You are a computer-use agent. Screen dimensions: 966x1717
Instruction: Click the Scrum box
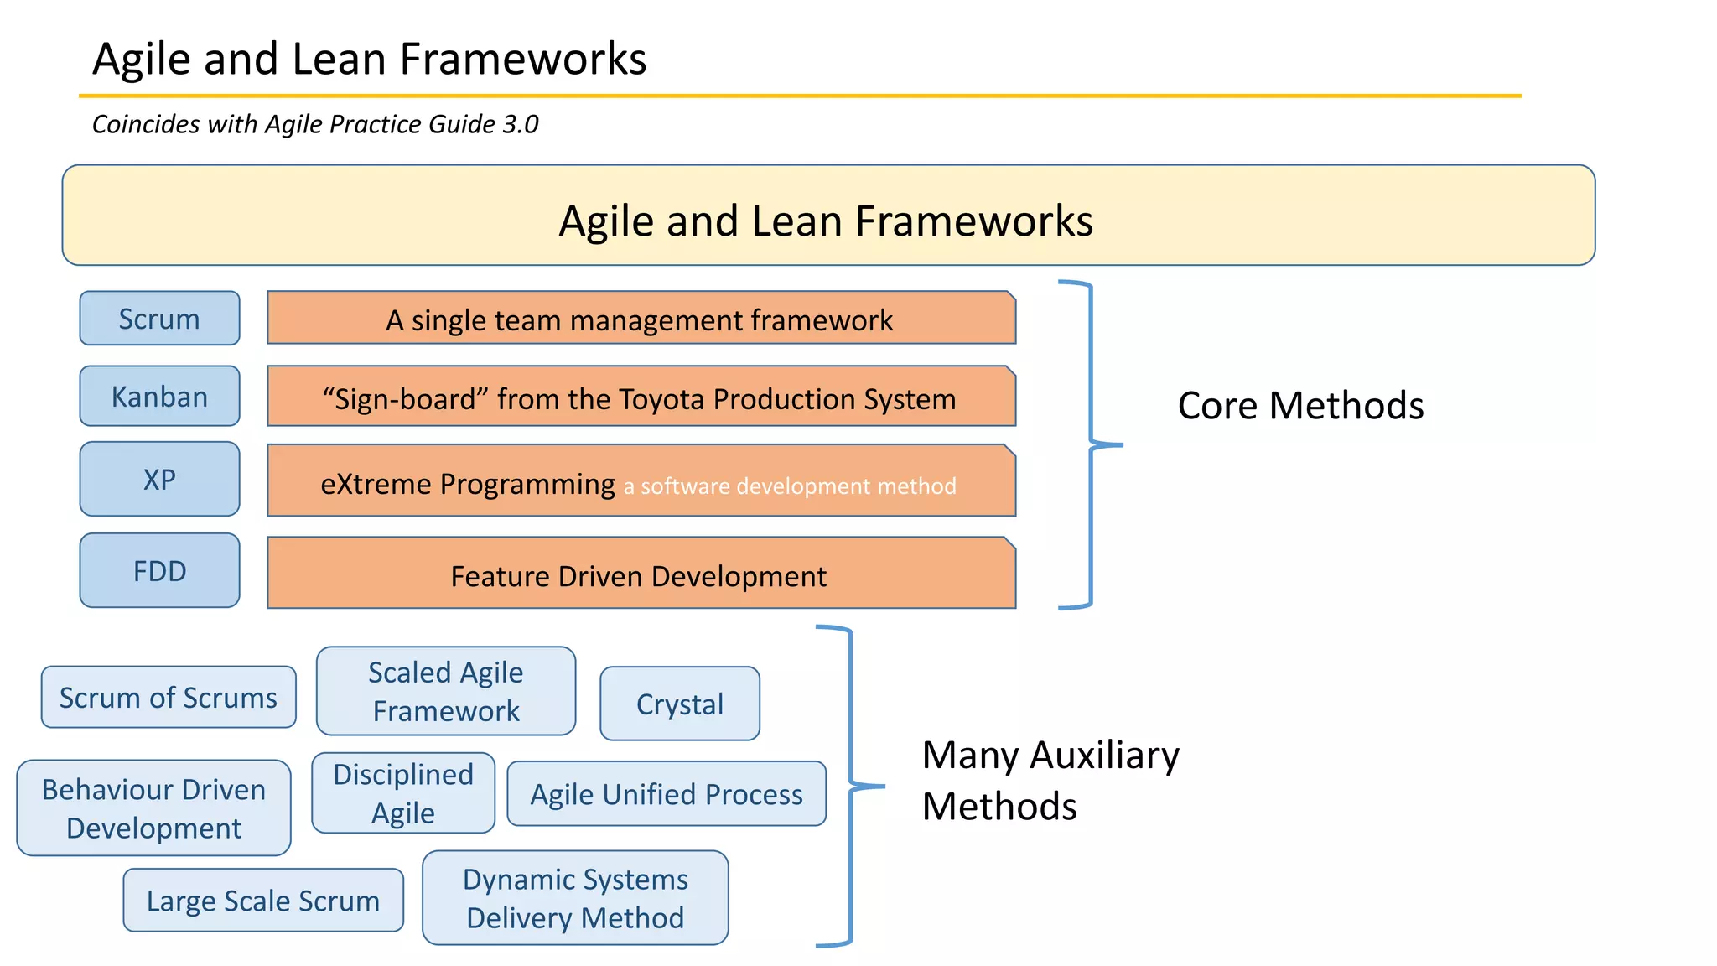(x=159, y=319)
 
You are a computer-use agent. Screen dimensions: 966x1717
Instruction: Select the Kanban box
(x=159, y=396)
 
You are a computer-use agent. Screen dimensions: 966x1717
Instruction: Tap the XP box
(x=159, y=479)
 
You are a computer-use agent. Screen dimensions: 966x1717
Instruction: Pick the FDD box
(x=159, y=570)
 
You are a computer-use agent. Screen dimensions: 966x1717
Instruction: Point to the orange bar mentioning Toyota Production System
(x=641, y=397)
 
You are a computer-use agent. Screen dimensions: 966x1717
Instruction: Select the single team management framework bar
(x=641, y=319)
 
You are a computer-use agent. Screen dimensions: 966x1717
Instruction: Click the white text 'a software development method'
(x=789, y=486)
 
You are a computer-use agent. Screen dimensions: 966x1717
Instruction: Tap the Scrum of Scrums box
(x=169, y=697)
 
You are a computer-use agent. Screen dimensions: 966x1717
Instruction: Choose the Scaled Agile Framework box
(x=446, y=691)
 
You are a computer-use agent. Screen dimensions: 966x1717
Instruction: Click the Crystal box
(x=680, y=704)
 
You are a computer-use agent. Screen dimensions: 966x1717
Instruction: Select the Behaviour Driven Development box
(x=154, y=808)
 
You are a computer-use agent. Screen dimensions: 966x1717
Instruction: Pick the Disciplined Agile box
(x=403, y=793)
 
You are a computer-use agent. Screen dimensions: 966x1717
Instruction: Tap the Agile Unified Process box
(x=667, y=793)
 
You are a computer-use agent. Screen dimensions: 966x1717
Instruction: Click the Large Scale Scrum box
(x=263, y=900)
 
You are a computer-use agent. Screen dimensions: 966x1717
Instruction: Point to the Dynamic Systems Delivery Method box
(x=575, y=898)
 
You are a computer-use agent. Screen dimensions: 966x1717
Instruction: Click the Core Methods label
(x=1300, y=406)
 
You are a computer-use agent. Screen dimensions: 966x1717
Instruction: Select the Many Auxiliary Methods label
(x=1050, y=780)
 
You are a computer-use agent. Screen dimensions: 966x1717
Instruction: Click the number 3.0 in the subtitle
(x=520, y=124)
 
